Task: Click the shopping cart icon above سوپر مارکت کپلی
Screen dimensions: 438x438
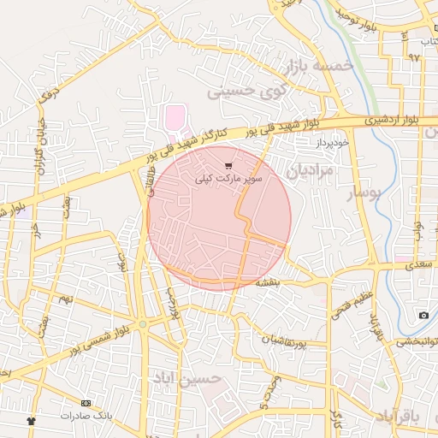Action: point(228,165)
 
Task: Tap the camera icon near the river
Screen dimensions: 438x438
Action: point(423,316)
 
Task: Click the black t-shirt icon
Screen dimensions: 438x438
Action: point(32,421)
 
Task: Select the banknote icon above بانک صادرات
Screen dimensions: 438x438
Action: point(86,403)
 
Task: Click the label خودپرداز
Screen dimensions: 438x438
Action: point(331,143)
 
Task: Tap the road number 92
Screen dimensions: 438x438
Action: point(415,57)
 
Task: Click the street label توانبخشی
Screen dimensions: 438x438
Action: point(417,343)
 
